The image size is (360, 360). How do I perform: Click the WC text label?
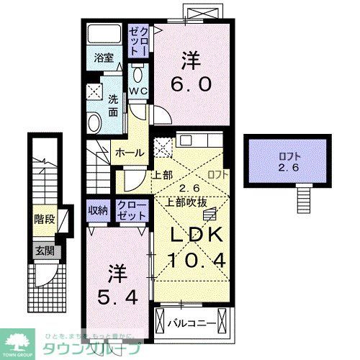138,90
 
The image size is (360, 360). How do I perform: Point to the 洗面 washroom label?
114,107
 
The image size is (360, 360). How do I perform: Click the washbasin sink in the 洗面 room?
94,120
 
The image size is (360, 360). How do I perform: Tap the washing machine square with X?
94,91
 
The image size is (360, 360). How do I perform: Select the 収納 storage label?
99,210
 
